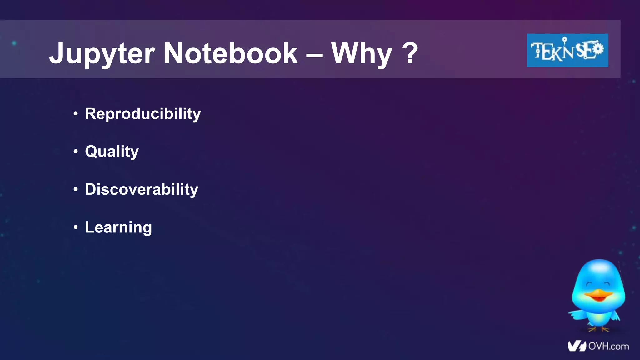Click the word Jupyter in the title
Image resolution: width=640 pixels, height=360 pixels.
tap(102, 54)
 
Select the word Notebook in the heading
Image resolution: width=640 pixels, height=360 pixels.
tap(231, 53)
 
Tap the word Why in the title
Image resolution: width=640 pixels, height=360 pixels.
tap(362, 54)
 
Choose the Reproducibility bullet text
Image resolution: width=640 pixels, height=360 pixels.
tap(143, 113)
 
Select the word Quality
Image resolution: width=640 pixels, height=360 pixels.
tap(112, 152)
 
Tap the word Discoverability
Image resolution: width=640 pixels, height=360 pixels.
tap(142, 189)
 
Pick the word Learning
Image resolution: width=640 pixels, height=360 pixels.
tap(118, 227)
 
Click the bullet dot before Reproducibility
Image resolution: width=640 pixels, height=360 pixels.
tap(76, 114)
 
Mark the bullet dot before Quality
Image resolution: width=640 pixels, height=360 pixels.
tap(76, 152)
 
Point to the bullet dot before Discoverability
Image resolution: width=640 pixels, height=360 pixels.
tap(76, 189)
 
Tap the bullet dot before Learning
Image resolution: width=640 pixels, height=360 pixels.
tap(76, 227)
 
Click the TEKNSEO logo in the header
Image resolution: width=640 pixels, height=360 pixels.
tap(567, 50)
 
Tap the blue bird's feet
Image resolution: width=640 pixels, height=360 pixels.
tap(598, 329)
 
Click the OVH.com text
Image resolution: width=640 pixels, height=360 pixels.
tap(608, 346)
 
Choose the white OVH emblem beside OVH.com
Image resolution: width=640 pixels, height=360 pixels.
tap(577, 346)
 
